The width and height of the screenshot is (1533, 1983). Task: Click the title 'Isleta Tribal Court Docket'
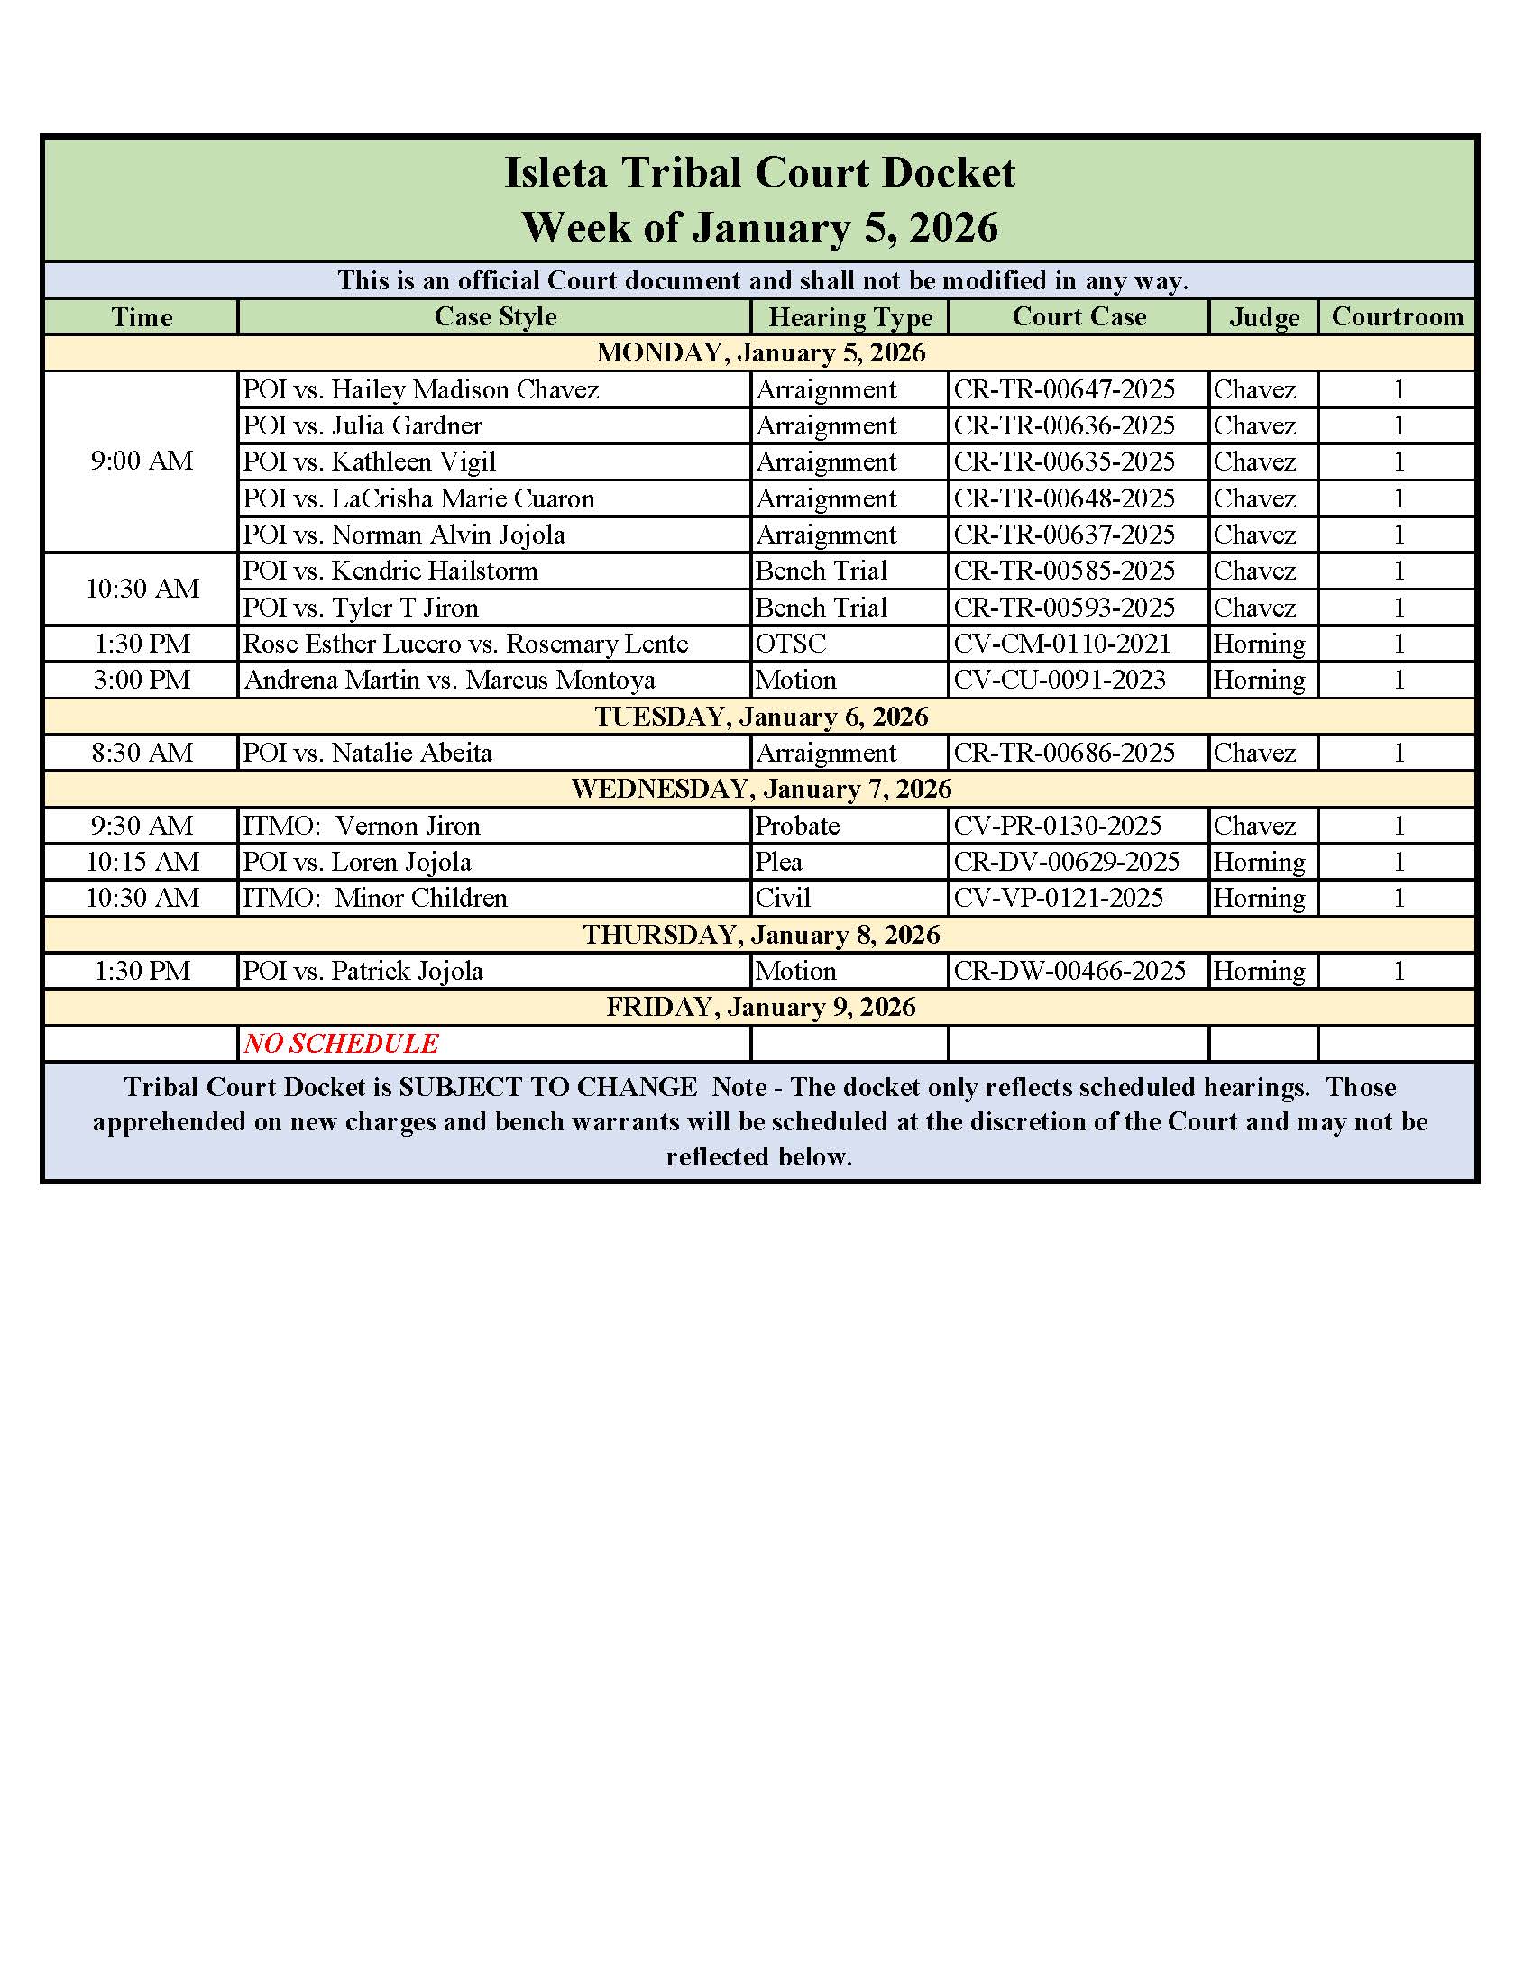[759, 172]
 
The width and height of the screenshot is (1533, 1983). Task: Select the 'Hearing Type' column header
[850, 317]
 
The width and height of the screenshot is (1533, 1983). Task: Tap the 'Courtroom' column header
[1397, 317]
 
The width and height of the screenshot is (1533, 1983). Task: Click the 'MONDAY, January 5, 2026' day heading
[760, 352]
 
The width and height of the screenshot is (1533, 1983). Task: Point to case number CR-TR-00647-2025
[1063, 389]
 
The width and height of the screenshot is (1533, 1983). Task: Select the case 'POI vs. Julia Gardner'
[362, 425]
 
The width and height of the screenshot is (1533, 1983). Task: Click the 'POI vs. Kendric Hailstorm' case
[390, 571]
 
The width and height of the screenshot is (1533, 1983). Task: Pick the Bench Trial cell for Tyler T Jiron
[821, 608]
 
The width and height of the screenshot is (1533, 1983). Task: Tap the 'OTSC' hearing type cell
[791, 644]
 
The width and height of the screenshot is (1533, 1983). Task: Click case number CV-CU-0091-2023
[1059, 680]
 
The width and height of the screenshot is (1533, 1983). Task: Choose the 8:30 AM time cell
[142, 753]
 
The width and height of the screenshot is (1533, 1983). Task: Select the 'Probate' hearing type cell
[797, 826]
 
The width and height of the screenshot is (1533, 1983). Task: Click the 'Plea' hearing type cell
[779, 862]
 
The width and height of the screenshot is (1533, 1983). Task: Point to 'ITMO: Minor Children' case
[374, 898]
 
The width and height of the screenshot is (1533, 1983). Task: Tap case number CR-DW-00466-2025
[1069, 971]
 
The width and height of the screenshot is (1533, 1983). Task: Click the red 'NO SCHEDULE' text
[341, 1043]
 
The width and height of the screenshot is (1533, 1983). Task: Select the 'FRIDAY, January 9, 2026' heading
[760, 1007]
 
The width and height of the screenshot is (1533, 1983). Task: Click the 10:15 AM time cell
[142, 862]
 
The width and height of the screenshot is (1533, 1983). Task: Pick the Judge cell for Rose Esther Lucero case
[1259, 644]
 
